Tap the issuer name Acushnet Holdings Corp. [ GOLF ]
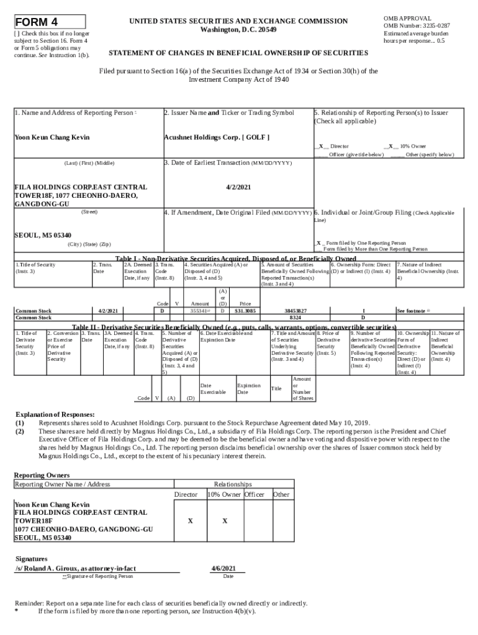(x=216, y=137)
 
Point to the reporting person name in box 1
(x=52, y=137)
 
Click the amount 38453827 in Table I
(x=295, y=310)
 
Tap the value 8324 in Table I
(x=295, y=317)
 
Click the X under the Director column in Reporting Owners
(x=190, y=521)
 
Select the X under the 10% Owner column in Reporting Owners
(x=225, y=521)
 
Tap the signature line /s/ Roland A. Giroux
(x=76, y=568)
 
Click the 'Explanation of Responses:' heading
(x=55, y=414)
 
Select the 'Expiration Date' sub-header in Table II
(x=248, y=389)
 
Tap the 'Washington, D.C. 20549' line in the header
(x=239, y=30)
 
